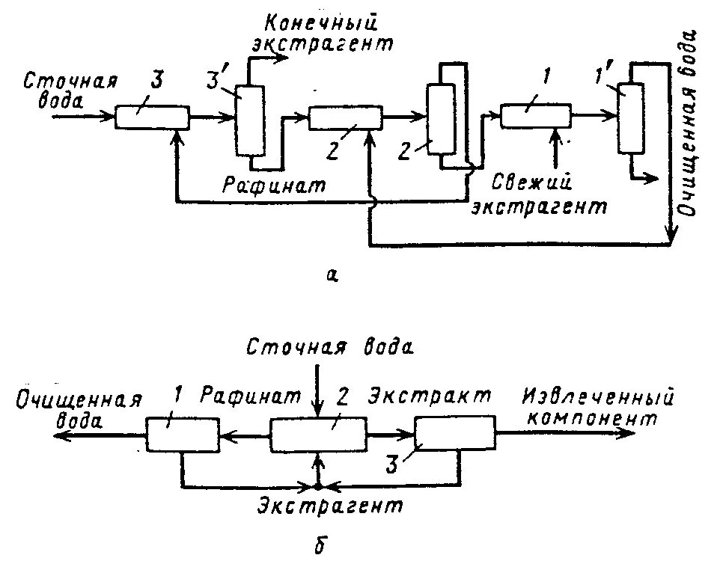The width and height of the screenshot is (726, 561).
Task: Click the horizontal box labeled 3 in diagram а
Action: tap(151, 117)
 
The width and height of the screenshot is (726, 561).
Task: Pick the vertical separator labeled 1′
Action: tap(629, 119)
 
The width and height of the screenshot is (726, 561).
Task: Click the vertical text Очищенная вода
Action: tap(688, 123)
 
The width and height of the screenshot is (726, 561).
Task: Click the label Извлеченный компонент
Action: tap(599, 407)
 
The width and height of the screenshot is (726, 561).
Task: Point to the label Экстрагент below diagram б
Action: tap(329, 506)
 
